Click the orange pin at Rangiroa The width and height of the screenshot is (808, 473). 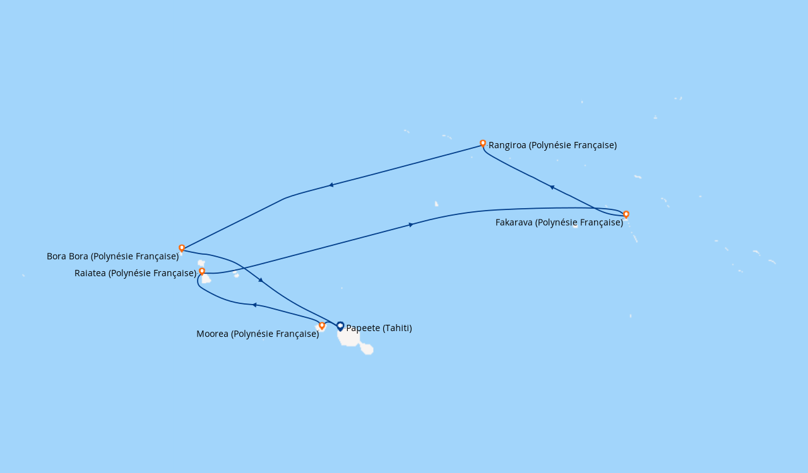[483, 143]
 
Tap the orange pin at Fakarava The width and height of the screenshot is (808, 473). [626, 214]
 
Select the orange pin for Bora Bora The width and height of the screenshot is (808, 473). [182, 248]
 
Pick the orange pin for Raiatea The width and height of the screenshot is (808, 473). [202, 271]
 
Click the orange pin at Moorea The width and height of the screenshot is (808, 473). [322, 325]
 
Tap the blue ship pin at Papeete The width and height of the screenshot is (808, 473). [340, 325]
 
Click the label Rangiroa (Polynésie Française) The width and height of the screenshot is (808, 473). [552, 145]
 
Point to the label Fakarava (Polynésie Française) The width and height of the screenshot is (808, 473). [559, 222]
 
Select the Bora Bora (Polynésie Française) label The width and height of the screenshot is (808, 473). [112, 256]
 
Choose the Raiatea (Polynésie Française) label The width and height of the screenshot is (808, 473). [135, 273]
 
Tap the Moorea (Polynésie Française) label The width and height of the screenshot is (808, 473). [257, 334]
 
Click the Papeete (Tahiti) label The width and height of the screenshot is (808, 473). [379, 328]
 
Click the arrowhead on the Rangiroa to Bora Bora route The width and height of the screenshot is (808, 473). [331, 185]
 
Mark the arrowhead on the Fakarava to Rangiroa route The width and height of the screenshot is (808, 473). [552, 187]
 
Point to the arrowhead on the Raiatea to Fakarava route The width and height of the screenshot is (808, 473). [411, 225]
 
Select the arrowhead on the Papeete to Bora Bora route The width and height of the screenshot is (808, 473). [260, 280]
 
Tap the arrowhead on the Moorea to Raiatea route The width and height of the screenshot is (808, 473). [254, 305]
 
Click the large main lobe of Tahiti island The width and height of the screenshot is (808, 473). [349, 338]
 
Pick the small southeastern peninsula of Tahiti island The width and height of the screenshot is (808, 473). [367, 348]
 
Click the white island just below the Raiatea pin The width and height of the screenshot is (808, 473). [206, 279]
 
